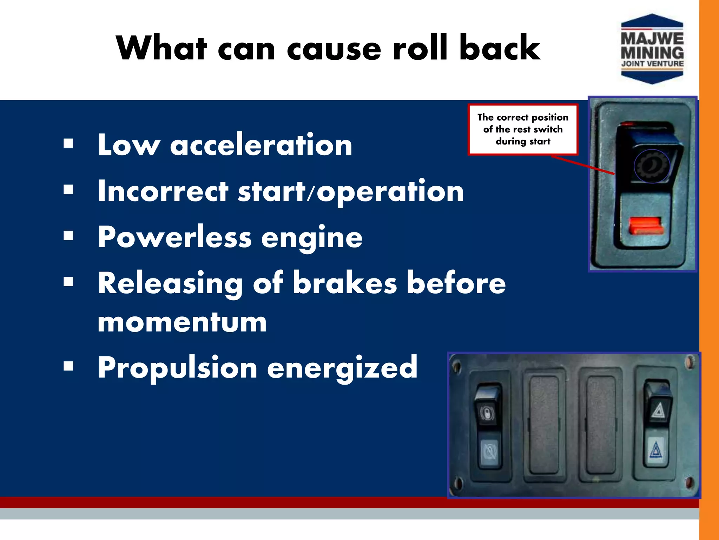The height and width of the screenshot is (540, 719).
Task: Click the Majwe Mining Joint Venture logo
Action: (x=652, y=49)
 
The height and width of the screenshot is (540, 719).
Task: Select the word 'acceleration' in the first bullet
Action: (x=261, y=145)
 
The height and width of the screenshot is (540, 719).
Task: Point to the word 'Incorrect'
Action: (x=163, y=191)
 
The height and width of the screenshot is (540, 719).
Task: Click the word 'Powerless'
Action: (x=174, y=237)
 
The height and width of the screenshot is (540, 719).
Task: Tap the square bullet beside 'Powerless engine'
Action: (x=68, y=236)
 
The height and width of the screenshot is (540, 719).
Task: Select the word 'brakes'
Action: (x=345, y=283)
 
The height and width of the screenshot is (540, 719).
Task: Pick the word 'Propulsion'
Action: (x=177, y=368)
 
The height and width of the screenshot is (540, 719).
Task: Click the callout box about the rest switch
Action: (x=523, y=129)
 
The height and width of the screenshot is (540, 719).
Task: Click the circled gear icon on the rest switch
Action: (x=652, y=166)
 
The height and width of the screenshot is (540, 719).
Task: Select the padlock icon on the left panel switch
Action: (x=487, y=413)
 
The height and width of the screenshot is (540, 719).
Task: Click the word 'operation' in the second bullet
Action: (x=390, y=192)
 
